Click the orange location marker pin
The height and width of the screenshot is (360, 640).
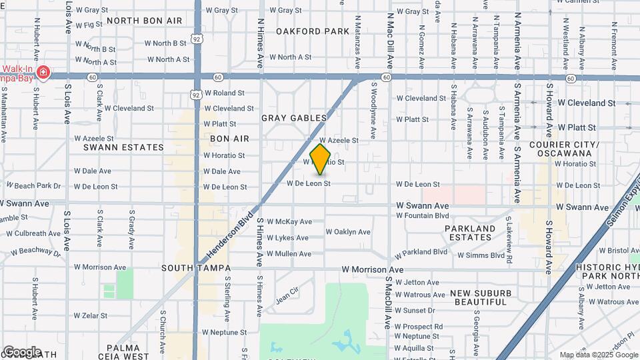coord(321,159)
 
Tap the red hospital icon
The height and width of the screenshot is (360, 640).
coord(43,72)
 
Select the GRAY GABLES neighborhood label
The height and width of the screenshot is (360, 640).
coord(294,118)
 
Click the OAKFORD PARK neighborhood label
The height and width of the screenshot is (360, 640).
coord(313,31)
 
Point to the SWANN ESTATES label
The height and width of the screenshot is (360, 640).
coord(123,147)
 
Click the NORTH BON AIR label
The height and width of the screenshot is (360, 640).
coord(144,21)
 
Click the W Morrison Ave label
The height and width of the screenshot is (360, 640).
coord(373,269)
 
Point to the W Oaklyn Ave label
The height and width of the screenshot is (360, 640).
coord(348,232)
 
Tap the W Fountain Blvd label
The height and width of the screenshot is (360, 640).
coord(423,215)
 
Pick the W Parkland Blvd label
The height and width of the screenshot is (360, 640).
coord(423,252)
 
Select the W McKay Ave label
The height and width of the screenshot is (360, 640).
coord(289,221)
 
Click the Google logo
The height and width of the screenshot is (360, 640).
coord(22,351)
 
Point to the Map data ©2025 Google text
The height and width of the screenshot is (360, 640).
coord(597,355)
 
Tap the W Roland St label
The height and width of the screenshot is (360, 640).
coord(224,93)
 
